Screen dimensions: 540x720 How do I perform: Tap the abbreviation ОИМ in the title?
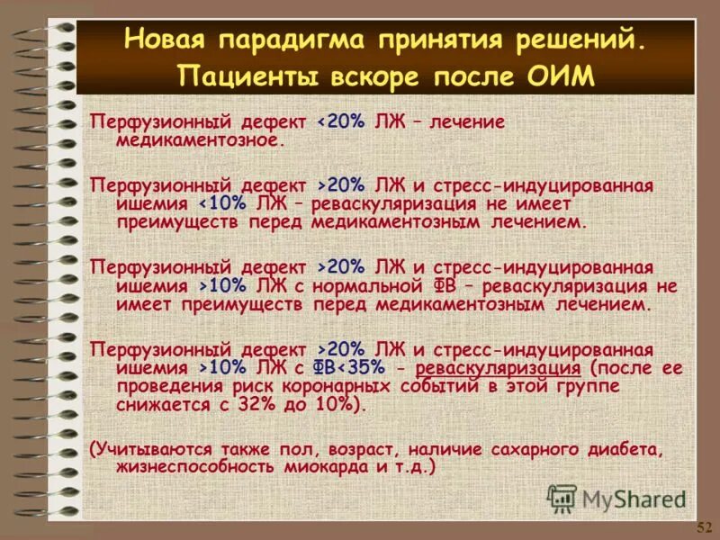[x=562, y=75]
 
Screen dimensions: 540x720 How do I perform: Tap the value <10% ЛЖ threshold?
[x=237, y=202]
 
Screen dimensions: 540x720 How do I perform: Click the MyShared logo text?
[x=634, y=499]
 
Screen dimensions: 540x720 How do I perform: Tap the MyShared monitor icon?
[x=562, y=499]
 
